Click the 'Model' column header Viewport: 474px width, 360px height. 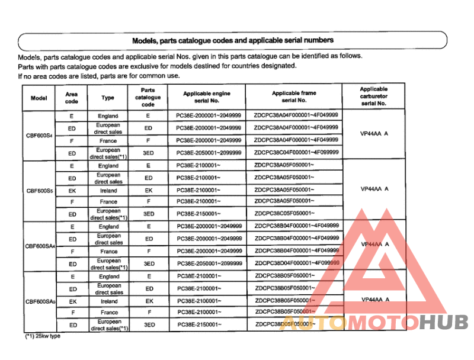pos(39,98)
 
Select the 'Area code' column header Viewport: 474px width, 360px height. pos(72,98)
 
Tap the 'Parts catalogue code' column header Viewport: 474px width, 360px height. pos(148,97)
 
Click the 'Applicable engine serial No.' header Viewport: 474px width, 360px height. pos(206,97)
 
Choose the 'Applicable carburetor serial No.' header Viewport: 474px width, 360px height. pos(374,96)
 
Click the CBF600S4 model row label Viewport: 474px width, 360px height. pos(39,135)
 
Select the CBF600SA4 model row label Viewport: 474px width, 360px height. pos(39,246)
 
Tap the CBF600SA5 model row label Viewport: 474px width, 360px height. pos(39,301)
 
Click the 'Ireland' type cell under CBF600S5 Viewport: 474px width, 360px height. pos(108,191)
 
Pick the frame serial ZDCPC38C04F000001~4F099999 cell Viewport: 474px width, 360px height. pos(296,152)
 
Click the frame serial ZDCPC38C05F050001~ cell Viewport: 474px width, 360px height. pos(284,213)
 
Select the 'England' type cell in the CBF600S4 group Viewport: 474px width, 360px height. pos(108,116)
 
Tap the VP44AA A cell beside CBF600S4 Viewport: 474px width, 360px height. pos(374,134)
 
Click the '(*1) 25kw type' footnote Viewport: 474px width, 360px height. pos(42,336)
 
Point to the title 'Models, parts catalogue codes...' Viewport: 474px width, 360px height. pos(232,40)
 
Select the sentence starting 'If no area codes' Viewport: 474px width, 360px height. pos(99,76)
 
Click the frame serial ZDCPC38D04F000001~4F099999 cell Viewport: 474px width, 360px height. pos(296,263)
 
